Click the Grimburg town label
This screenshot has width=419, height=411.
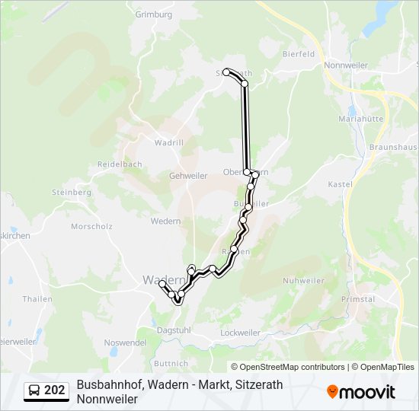click(x=154, y=14)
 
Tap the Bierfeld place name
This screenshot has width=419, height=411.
click(x=299, y=54)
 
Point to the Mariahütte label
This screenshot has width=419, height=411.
click(x=360, y=119)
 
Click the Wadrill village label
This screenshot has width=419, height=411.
click(x=168, y=142)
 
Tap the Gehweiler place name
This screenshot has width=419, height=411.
click(x=187, y=175)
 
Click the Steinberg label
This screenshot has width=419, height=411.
click(x=71, y=193)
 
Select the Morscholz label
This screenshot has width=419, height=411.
click(x=91, y=226)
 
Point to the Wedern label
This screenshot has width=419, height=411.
click(x=165, y=221)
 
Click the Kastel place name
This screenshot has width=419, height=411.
click(x=338, y=184)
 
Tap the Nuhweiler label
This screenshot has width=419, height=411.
click(x=303, y=280)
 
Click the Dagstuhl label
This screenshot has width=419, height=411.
click(x=173, y=330)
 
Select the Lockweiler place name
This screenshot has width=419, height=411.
click(x=240, y=333)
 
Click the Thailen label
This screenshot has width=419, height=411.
click(x=37, y=299)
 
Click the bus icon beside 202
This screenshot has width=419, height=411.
click(x=35, y=391)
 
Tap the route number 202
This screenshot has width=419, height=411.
click(x=55, y=391)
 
